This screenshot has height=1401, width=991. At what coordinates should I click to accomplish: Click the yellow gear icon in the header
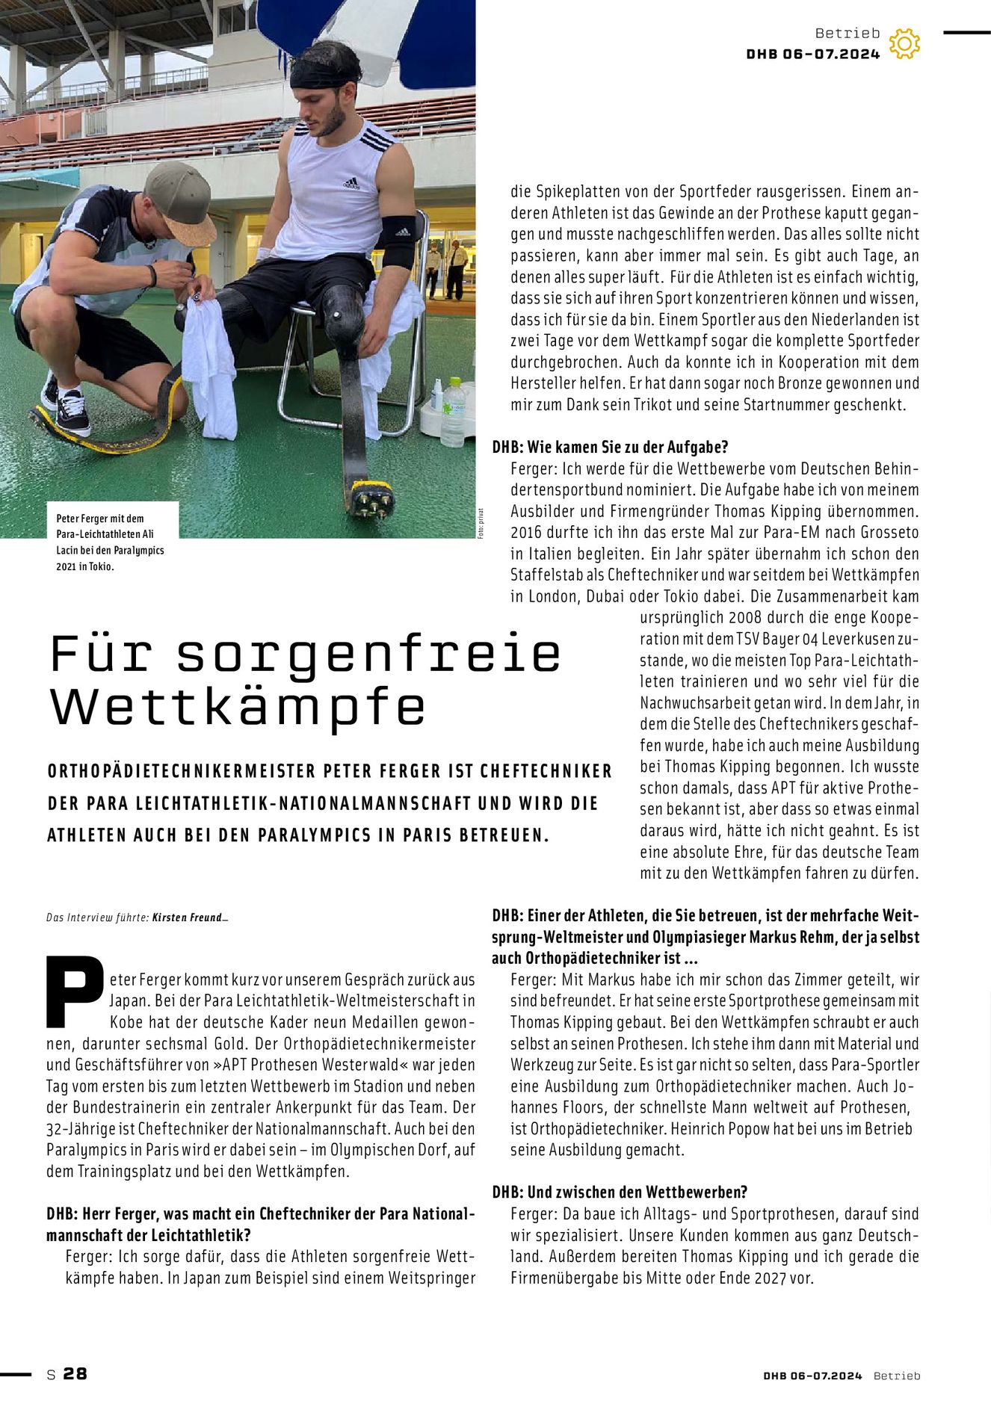click(x=904, y=44)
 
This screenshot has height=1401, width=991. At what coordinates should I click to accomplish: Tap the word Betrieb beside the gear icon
click(x=848, y=33)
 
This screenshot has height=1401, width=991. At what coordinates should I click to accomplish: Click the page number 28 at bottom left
click(x=75, y=1373)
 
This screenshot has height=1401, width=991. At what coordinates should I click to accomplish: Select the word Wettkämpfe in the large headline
click(x=238, y=706)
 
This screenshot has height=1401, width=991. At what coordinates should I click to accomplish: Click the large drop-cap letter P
click(x=74, y=990)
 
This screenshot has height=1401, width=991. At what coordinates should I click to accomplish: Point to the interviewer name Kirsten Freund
click(x=188, y=917)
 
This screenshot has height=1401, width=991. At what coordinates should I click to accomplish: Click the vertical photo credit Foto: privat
click(x=482, y=524)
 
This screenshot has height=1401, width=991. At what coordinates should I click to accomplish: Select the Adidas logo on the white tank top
click(x=351, y=183)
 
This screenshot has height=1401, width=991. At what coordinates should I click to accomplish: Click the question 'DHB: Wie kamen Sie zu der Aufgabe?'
click(x=610, y=447)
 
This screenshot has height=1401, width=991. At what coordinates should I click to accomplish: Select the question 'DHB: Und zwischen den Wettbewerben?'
click(x=620, y=1192)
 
